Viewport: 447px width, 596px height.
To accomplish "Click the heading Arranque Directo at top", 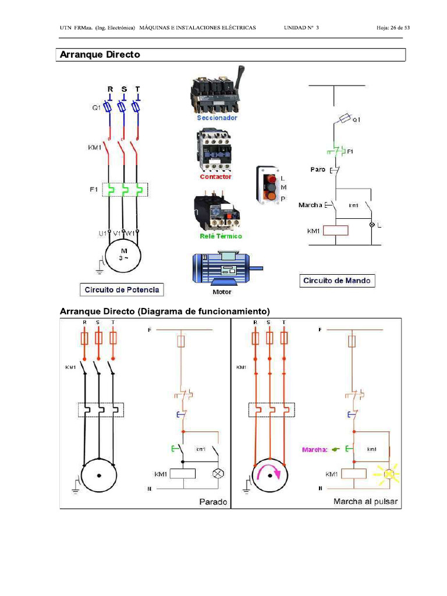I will (100, 55).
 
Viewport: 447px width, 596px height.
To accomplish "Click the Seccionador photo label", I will (217, 118).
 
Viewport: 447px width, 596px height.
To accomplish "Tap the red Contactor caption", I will (216, 176).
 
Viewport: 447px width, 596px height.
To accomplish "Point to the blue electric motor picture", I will (227, 267).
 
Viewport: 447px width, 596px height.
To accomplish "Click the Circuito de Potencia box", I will (122, 289).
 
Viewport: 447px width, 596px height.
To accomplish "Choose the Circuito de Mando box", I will (337, 281).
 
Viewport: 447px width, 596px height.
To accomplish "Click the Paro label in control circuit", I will (318, 169).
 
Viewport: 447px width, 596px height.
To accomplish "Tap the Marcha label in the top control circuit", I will (310, 205).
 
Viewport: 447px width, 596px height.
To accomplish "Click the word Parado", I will (212, 501).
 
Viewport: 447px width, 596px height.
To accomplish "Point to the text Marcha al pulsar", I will (365, 501).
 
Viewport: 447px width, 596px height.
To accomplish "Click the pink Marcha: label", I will (315, 449).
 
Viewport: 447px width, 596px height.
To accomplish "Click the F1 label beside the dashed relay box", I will (94, 190).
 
